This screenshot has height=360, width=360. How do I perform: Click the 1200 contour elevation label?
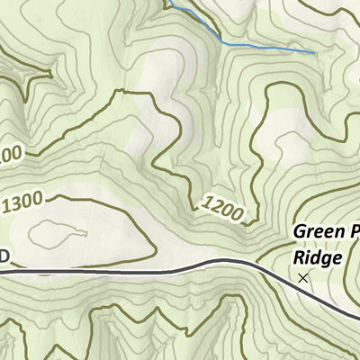[223, 210]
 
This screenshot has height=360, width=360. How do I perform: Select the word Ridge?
[317, 257]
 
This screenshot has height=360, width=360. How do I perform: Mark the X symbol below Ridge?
[302, 279]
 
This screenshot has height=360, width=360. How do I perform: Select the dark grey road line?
[135, 270]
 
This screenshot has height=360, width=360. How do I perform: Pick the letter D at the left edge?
[4, 257]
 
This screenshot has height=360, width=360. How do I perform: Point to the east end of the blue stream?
[315, 52]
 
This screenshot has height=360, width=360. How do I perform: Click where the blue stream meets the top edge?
[166, 2]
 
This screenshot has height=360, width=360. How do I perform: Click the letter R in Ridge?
[300, 257]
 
